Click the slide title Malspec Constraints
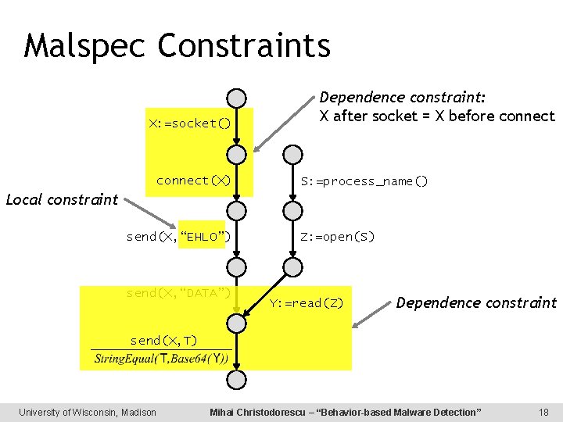tap(178, 45)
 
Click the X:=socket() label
tap(190, 123)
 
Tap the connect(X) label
tap(193, 181)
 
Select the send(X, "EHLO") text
tap(178, 237)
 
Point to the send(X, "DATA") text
tap(178, 293)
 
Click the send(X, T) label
tap(163, 340)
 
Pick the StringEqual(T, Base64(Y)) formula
tap(161, 359)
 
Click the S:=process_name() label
tap(365, 181)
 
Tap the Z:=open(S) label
tap(338, 237)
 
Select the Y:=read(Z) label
tap(307, 303)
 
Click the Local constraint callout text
tap(62, 199)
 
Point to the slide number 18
tap(543, 412)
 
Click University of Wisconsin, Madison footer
tap(88, 412)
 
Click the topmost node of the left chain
tap(235, 98)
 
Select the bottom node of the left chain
tap(235, 381)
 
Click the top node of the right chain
tap(292, 154)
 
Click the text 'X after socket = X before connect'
tap(438, 116)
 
